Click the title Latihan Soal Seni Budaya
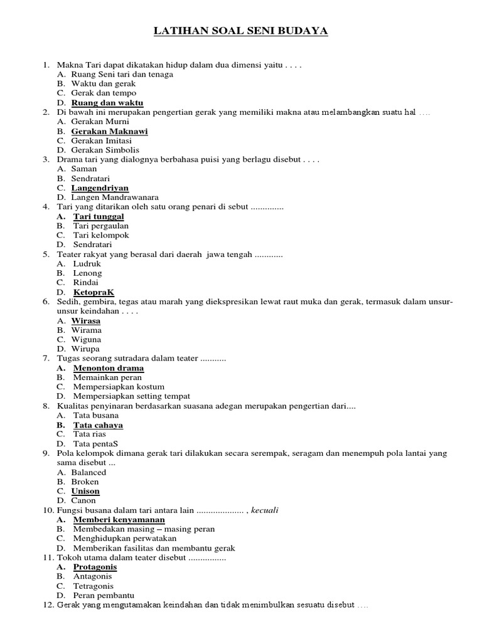coord(241,31)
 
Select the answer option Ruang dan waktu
coord(107,103)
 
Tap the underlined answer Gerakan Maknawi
coord(110,132)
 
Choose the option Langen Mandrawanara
coord(115,197)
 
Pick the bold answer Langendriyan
coord(100,188)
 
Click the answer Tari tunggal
coord(99,216)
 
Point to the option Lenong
coord(88,273)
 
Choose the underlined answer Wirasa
coord(86,321)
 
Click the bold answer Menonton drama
coord(109,368)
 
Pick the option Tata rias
coord(90,434)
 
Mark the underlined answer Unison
coord(85,492)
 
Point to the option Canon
coord(83,501)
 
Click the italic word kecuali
coord(265,510)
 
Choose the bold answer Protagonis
coord(95,567)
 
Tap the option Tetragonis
coord(94,586)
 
